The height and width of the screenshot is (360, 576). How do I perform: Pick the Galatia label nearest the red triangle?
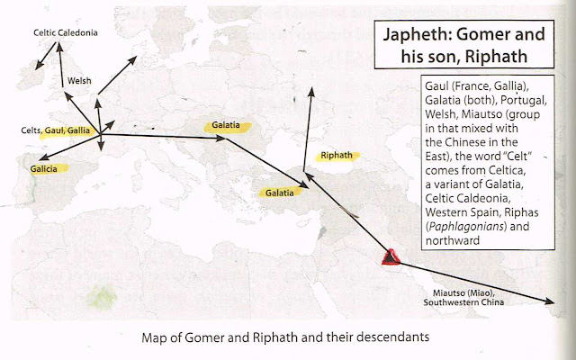point(277,193)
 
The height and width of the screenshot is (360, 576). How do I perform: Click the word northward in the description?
point(449,241)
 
